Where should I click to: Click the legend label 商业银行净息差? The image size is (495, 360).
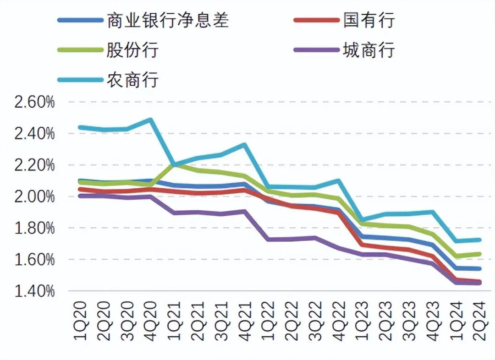[x=167, y=21]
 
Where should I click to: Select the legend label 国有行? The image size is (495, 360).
[x=368, y=21]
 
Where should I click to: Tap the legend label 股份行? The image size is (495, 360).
[x=132, y=49]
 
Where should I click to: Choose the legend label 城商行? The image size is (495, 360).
[x=368, y=49]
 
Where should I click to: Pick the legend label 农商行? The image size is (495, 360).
[x=132, y=79]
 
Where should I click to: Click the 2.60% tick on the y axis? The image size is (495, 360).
[x=34, y=102]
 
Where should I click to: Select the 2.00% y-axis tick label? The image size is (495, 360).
[x=34, y=196]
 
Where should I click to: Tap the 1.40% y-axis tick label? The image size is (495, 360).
[x=34, y=291]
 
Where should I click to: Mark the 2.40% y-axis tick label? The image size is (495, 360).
[x=34, y=134]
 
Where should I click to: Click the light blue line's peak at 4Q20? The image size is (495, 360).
[x=151, y=120]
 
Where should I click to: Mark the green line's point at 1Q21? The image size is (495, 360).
[x=175, y=164]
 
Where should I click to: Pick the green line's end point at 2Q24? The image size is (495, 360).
[x=479, y=254]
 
